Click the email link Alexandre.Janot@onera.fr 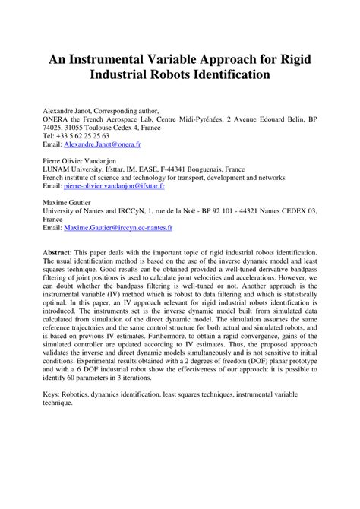coord(101,144)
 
